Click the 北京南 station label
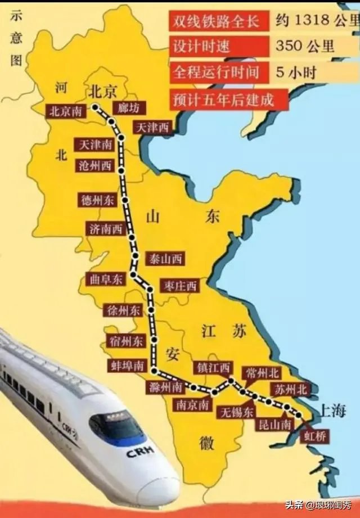(66, 111)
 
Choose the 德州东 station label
(98, 200)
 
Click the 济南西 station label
(105, 228)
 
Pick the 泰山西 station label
(165, 259)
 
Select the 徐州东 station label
(123, 310)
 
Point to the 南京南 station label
(193, 404)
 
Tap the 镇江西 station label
(212, 368)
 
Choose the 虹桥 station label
(314, 435)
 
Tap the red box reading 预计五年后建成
(228, 100)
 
